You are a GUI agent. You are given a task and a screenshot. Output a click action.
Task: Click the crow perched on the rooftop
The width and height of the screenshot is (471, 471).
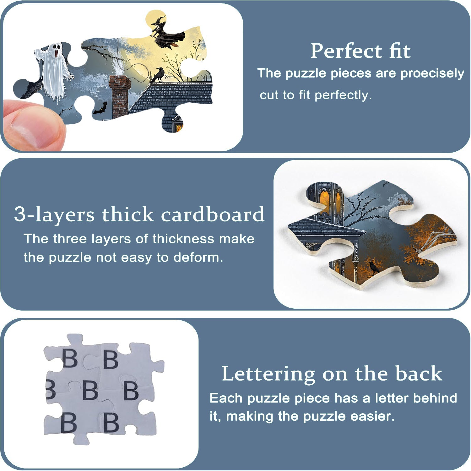[157, 75]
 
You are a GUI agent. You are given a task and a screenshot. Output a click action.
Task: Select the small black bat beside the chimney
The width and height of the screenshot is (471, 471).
[100, 109]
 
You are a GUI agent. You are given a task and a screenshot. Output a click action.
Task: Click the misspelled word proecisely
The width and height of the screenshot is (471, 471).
[432, 74]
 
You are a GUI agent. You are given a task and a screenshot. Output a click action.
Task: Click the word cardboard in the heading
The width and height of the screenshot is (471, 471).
[213, 215]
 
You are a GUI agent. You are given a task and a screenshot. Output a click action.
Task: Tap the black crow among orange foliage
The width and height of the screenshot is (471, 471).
[373, 268]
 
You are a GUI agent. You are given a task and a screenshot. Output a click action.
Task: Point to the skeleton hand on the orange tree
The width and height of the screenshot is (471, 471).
[435, 240]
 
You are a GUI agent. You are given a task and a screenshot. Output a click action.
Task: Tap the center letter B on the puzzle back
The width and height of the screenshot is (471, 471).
[90, 390]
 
